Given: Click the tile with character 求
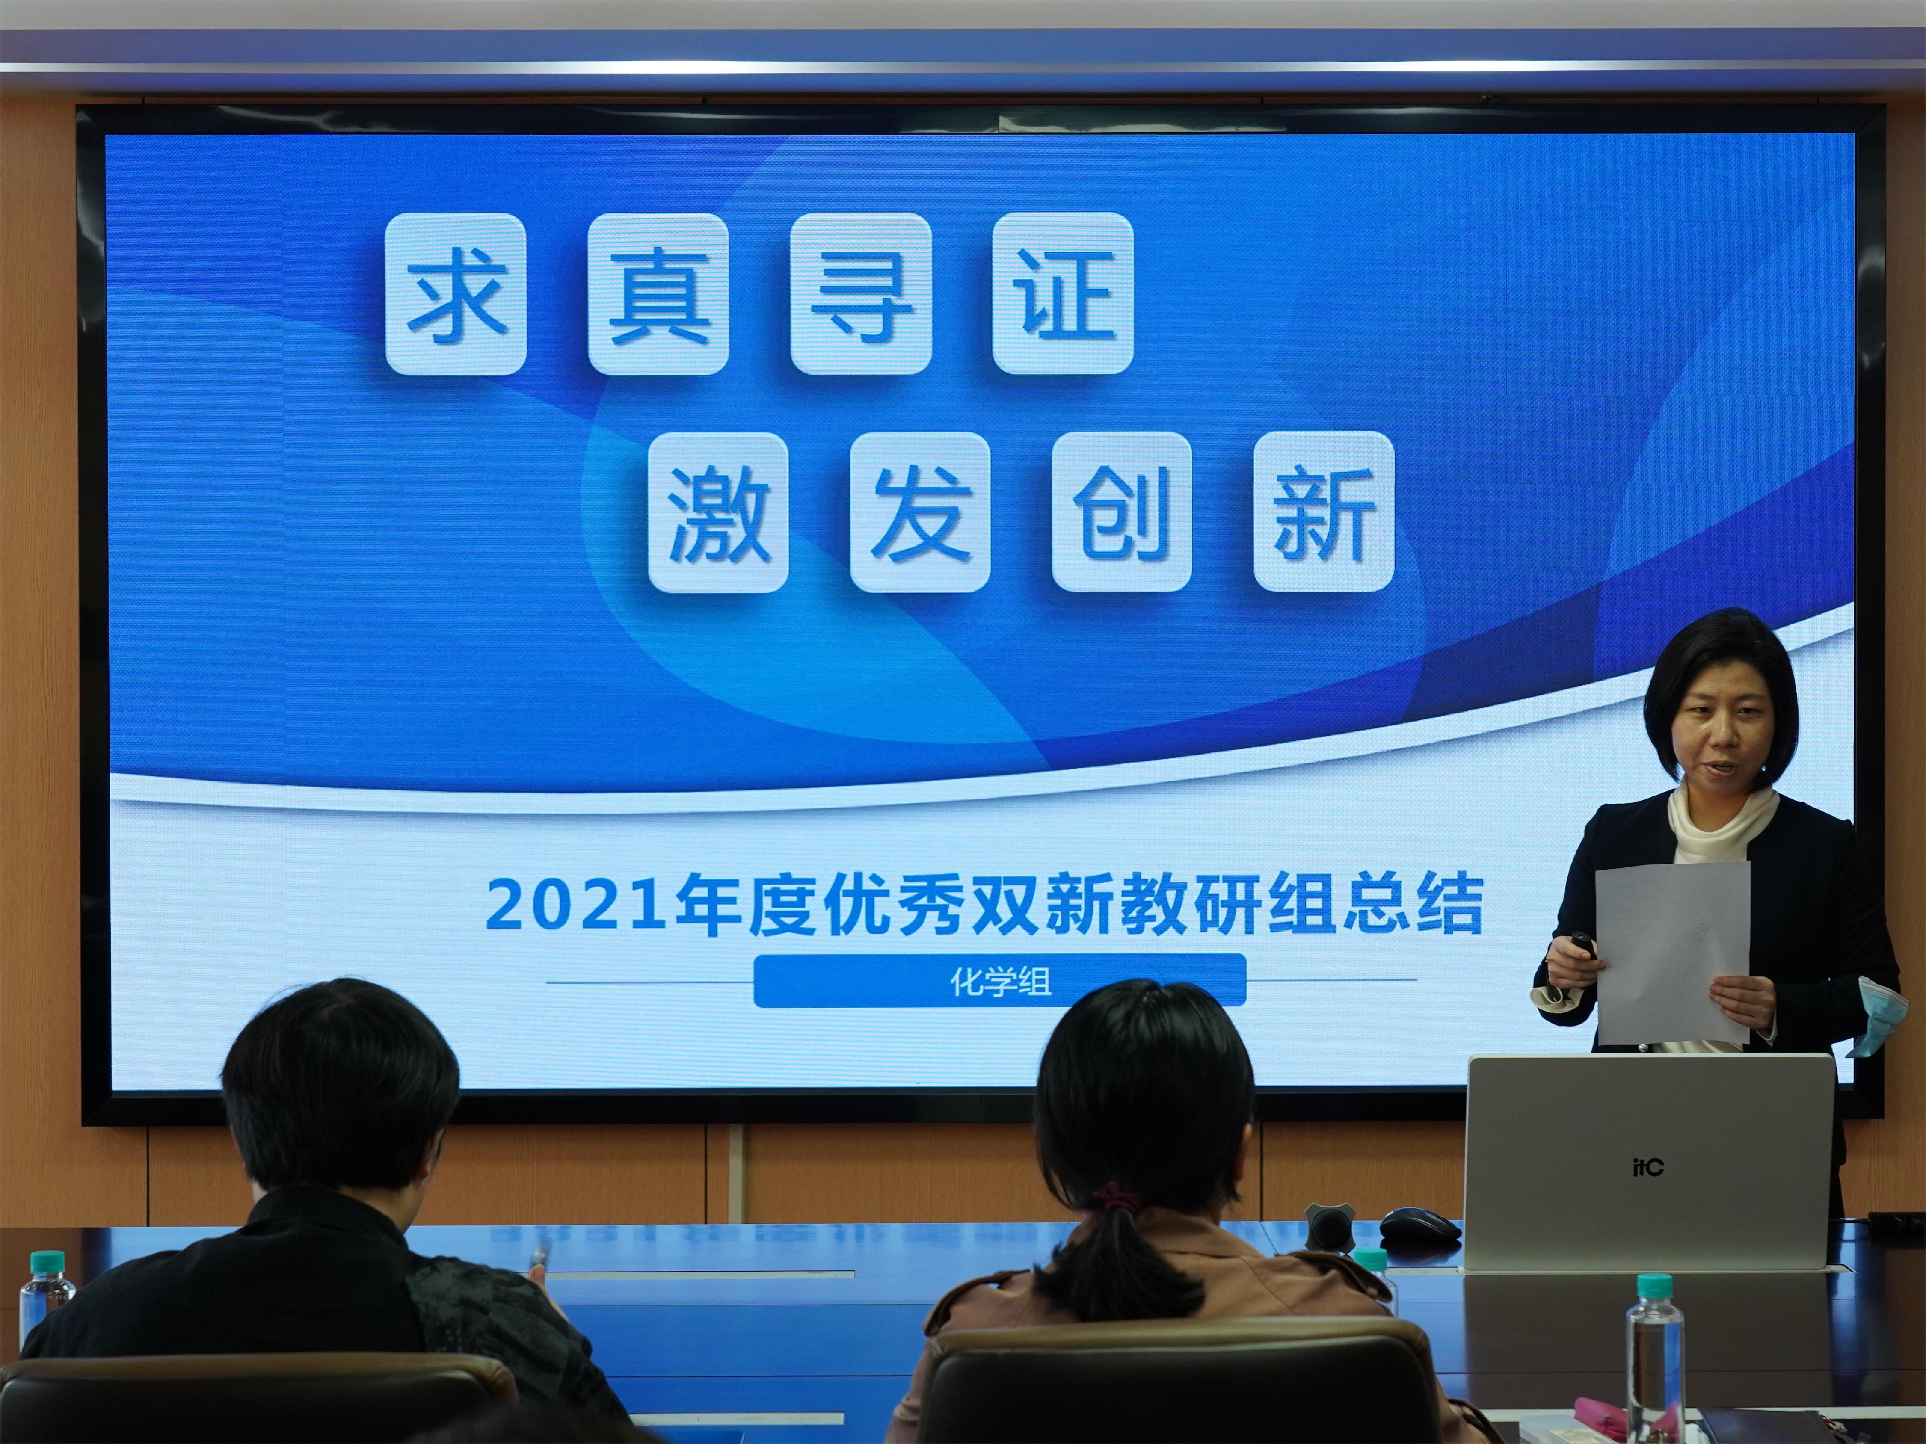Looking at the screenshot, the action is coord(455,293).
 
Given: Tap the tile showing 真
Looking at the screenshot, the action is coord(658,293).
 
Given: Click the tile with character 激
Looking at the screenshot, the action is coord(718,512).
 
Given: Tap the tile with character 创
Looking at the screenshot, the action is coord(1122,512).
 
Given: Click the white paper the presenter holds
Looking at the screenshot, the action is coord(1672,953).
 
